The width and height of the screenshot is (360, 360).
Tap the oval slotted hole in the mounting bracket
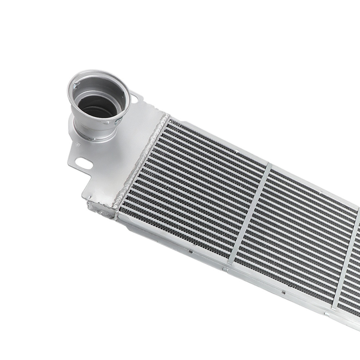pos(84,164)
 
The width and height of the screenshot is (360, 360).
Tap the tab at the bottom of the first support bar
pos(225,269)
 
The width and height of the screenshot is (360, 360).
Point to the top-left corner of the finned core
pos(169,121)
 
